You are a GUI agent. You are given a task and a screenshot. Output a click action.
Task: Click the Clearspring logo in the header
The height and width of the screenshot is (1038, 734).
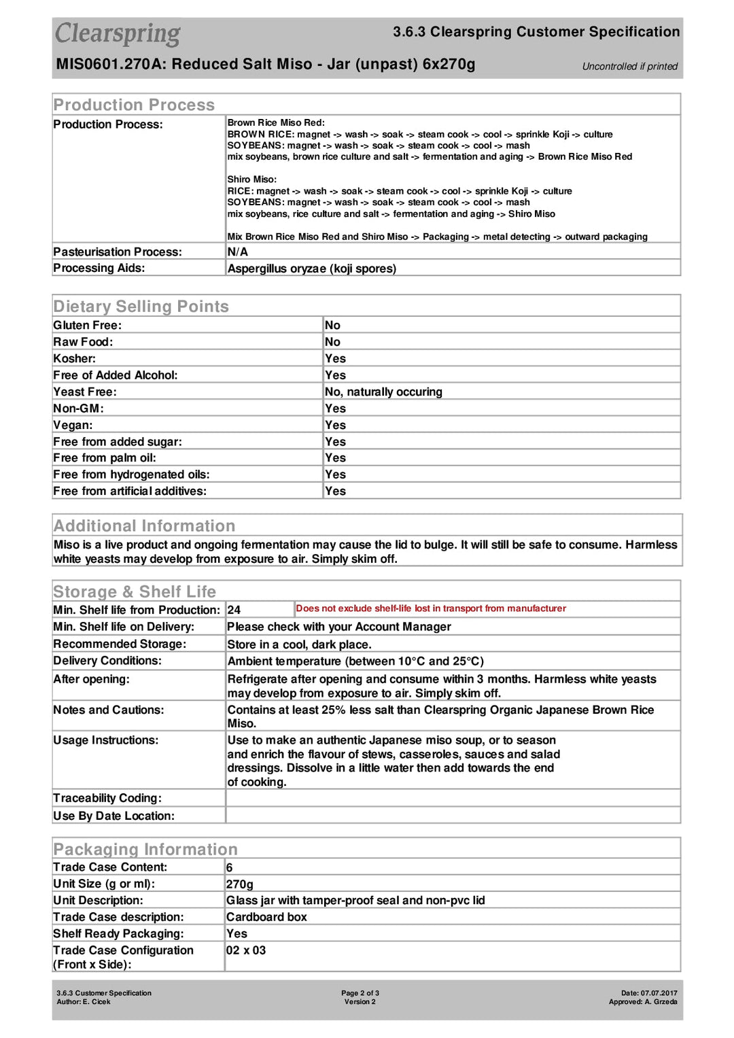point(118,33)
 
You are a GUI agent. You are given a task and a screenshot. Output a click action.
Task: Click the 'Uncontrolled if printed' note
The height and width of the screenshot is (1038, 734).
point(629,66)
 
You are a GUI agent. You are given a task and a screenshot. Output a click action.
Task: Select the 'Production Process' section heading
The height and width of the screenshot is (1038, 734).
point(134,105)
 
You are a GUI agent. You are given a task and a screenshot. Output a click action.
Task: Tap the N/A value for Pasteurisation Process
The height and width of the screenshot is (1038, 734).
point(238,252)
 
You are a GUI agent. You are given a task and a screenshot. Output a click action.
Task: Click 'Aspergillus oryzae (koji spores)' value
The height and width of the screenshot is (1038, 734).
point(312,269)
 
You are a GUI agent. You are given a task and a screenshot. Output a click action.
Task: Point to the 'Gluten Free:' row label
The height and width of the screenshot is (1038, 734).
point(88,326)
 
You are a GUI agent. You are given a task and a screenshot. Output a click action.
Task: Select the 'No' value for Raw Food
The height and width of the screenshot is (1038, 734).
point(332,342)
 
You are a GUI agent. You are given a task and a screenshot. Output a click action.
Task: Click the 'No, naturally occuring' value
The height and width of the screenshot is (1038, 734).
point(383,392)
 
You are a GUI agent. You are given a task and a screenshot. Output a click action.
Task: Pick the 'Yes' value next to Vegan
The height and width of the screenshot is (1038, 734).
point(335,425)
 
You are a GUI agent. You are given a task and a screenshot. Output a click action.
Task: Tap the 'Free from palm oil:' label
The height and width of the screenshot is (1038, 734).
point(105,458)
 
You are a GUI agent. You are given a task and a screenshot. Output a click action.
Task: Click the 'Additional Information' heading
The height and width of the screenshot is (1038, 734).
point(144,525)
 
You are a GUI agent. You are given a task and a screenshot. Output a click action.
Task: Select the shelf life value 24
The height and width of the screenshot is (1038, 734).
point(234,610)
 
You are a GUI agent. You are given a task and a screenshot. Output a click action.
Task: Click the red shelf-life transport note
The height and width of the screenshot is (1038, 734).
point(431,608)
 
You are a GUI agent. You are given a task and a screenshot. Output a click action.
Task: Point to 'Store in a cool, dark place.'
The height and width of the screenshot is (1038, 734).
point(299,644)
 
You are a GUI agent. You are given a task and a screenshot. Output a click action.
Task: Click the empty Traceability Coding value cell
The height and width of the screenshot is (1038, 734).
point(453,798)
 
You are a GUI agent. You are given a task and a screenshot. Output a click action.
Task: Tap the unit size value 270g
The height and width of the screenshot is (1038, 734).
point(240,884)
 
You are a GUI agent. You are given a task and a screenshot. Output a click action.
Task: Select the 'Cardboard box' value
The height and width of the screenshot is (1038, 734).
point(266,917)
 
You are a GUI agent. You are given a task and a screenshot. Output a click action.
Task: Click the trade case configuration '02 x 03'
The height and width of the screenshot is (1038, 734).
point(246,950)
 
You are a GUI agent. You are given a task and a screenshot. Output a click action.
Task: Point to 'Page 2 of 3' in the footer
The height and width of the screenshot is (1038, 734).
point(360,993)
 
